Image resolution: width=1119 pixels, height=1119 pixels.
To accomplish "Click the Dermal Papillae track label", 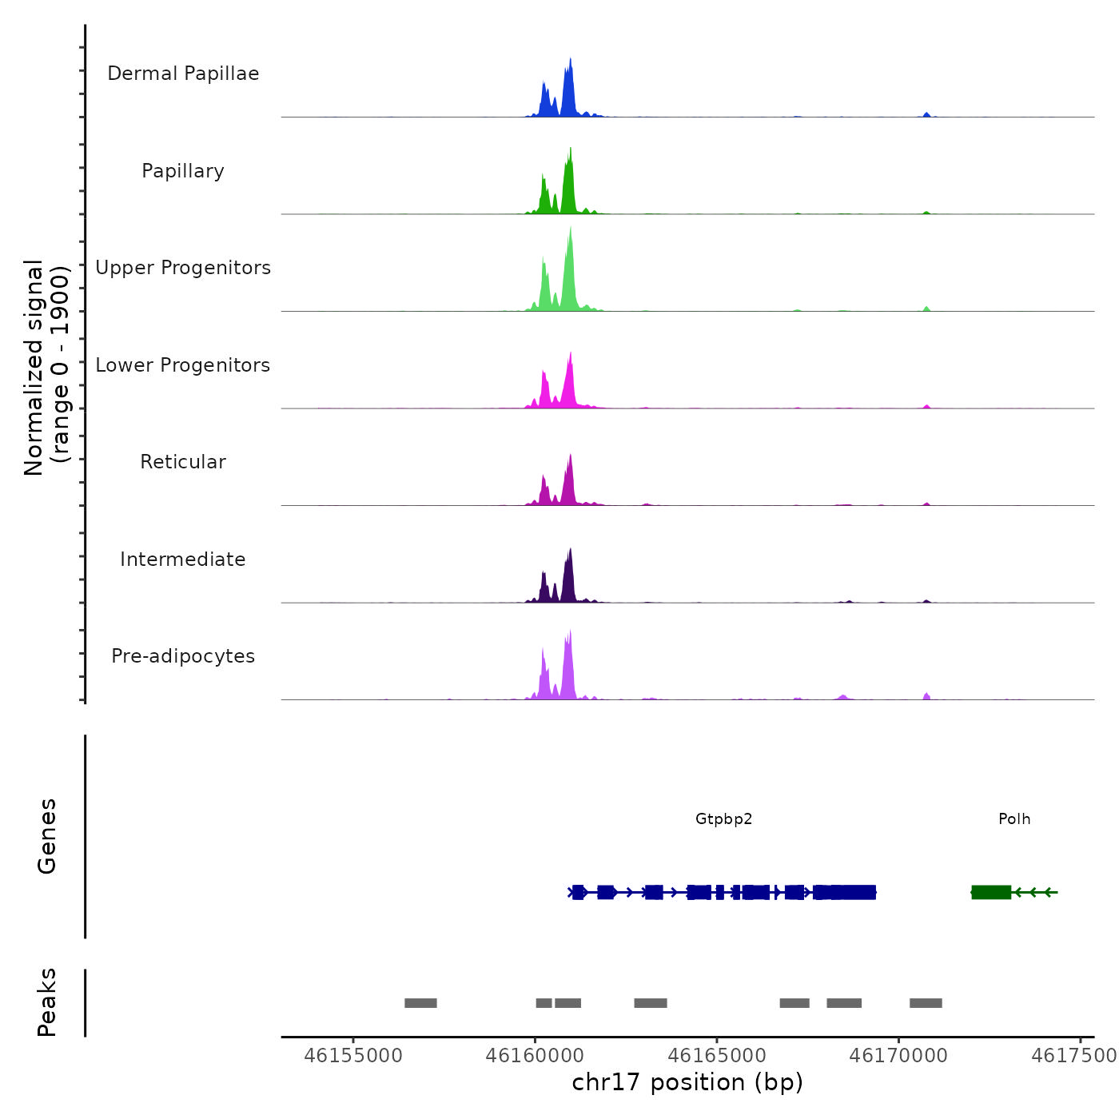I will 183,74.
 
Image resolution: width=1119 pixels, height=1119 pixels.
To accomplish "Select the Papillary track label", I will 183,171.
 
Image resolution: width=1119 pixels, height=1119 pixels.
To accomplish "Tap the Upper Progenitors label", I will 183,268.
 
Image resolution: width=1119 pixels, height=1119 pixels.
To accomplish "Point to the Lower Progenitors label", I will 183,365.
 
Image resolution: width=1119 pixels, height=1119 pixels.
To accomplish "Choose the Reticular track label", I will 183,462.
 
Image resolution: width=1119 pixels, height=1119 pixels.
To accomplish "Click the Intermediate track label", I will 183,559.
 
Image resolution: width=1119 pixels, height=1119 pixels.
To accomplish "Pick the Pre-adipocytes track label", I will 183,656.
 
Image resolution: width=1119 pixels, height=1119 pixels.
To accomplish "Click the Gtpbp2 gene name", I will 723,819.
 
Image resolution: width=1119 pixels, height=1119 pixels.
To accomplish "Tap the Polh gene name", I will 1014,819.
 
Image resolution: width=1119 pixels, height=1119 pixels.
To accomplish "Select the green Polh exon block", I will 991,892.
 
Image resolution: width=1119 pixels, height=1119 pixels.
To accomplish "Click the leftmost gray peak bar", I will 420,1003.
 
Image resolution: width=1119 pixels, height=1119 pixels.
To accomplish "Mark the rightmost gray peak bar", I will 926,1003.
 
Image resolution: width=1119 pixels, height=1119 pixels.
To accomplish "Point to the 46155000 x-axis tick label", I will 353,1056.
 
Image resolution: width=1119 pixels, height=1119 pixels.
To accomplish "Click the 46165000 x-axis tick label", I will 717,1056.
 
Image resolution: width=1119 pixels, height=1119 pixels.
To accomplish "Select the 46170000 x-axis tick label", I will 898,1056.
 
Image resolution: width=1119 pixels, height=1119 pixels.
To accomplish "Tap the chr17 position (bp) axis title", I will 687,1082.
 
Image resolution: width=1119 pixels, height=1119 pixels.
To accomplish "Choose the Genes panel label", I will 47,836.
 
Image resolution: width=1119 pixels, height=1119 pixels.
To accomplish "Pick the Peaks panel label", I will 47,1002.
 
